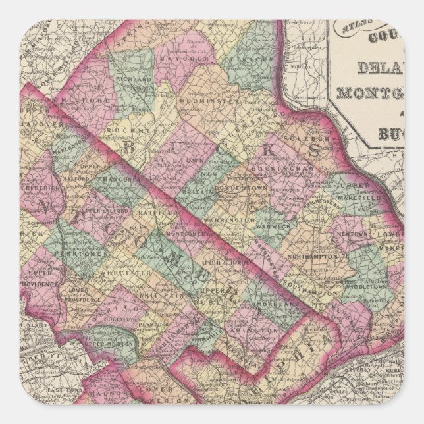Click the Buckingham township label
pos(289,169)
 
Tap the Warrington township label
pos(232,219)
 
